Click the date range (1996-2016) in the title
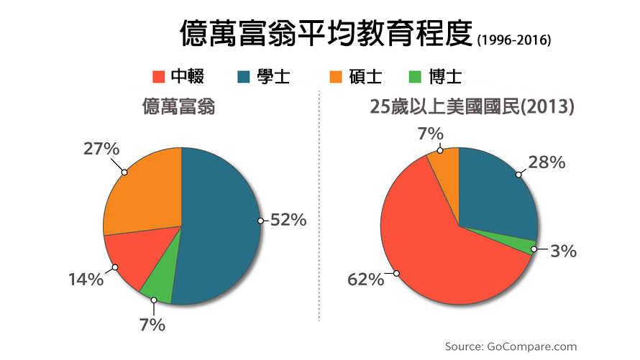point(513,40)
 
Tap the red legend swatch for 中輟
point(158,76)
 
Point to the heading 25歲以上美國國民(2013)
point(472,109)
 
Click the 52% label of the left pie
point(288,221)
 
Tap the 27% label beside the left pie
point(101,149)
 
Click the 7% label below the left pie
point(152,325)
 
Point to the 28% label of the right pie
point(547,162)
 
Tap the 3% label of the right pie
point(562,251)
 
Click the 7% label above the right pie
point(436,132)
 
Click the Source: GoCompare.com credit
point(511,346)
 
